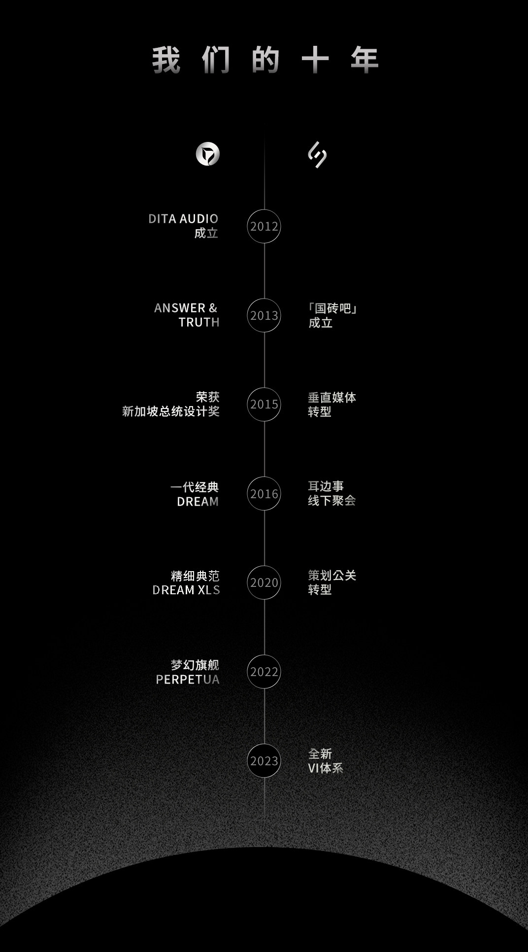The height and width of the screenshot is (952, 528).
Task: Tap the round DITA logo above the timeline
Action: [x=208, y=154]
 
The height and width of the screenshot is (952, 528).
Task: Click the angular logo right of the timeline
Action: [x=317, y=155]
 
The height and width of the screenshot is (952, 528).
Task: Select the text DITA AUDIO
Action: [x=183, y=219]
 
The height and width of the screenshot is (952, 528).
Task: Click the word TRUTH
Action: [x=199, y=322]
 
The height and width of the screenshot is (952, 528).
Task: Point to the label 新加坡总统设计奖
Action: [x=171, y=411]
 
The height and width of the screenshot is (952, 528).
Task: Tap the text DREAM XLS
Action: [x=186, y=590]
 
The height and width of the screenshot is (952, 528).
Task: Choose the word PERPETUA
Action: [x=188, y=680]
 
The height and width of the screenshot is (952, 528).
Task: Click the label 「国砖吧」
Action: [x=332, y=308]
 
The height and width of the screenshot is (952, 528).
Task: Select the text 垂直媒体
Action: [x=332, y=398]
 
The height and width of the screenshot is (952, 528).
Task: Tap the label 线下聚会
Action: [x=332, y=501]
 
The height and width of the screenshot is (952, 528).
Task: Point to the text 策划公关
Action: [x=332, y=576]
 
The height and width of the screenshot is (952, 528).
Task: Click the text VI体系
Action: [x=326, y=768]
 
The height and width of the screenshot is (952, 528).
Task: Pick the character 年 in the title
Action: [x=364, y=60]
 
